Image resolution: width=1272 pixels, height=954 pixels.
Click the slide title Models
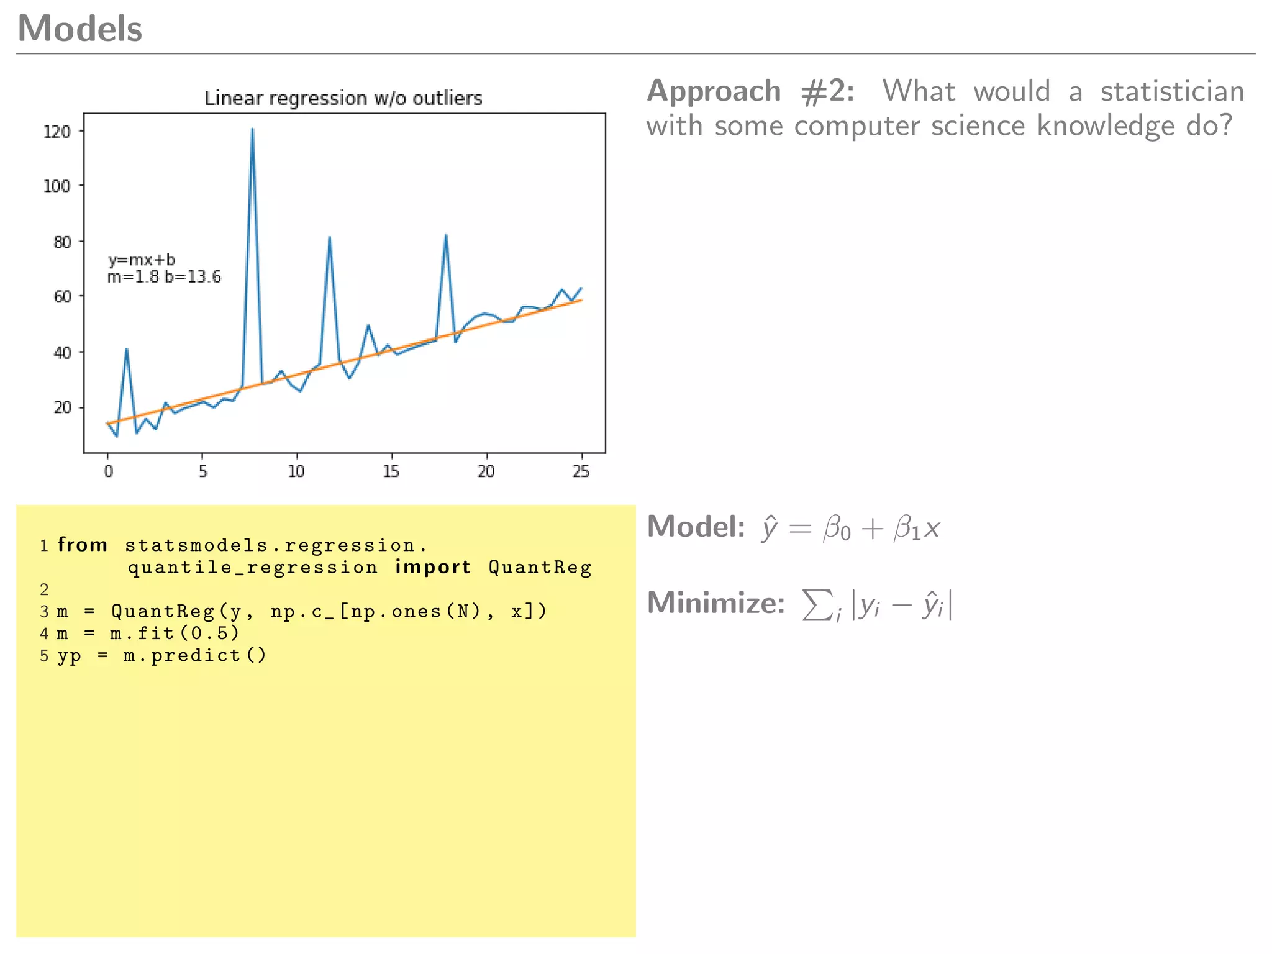80,29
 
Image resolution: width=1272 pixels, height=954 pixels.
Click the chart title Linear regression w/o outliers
343,98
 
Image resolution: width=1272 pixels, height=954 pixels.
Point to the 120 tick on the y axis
57,132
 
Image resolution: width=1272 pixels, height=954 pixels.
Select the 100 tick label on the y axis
57,186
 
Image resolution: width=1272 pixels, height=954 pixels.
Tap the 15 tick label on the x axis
391,471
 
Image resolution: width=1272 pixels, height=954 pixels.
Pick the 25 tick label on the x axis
581,471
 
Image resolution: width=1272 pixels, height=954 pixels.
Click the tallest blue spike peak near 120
252,129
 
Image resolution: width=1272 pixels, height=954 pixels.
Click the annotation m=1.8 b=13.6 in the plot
164,277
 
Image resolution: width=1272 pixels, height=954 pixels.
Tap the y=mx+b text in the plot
142,260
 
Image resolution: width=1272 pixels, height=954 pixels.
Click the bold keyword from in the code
83,545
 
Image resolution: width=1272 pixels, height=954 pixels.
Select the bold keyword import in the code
433,567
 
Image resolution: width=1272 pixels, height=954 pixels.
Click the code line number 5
44,656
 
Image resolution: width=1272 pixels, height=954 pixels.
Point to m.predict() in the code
194,656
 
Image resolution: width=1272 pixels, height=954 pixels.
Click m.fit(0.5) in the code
175,634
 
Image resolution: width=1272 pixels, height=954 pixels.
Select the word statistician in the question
1172,91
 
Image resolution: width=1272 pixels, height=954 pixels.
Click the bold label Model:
696,527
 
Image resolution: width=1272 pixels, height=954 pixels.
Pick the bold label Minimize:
716,603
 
